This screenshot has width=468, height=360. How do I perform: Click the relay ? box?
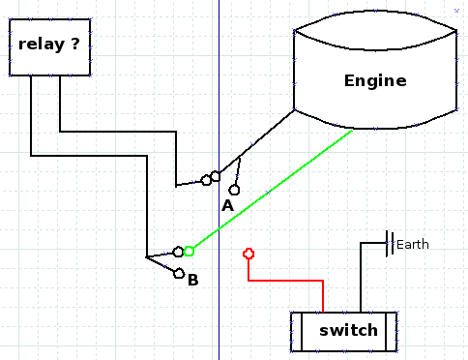point(50,47)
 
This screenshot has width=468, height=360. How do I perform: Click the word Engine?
point(375,80)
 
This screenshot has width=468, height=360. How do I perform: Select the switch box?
point(344,331)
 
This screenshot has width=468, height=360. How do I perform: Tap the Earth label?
point(413,245)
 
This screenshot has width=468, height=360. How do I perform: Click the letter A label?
point(227,205)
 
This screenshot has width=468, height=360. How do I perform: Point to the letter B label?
point(193,280)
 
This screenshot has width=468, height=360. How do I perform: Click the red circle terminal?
point(249,254)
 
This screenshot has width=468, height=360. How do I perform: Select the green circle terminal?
point(189,251)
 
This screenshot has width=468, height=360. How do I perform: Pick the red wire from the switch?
point(285,281)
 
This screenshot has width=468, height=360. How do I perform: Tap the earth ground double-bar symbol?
point(390,244)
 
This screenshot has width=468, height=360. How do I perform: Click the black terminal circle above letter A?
point(234,190)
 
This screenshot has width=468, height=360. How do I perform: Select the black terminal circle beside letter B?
point(179,274)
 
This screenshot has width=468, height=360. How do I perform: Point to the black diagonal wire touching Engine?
point(257,141)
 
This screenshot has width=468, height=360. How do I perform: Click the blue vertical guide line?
point(219,180)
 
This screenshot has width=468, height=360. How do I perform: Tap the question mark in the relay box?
point(75,44)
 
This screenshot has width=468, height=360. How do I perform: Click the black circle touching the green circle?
point(178,252)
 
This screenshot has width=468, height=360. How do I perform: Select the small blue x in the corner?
point(456,11)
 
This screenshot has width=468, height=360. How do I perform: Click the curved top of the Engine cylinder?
point(375,11)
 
